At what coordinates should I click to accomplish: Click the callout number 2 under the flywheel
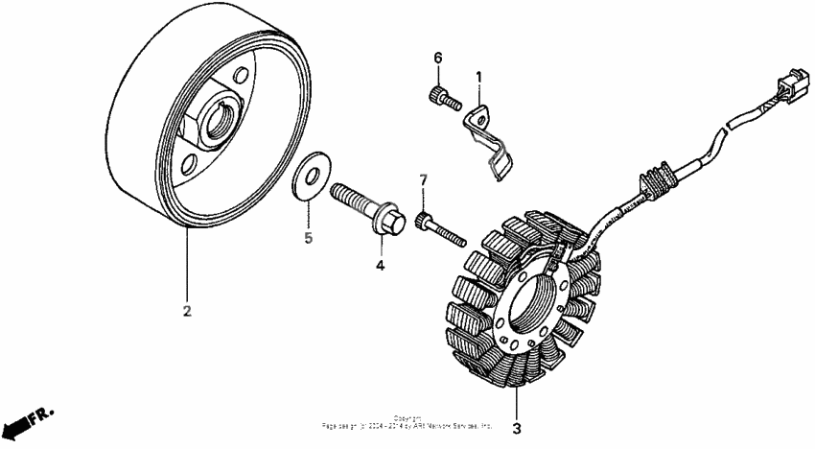[187, 311]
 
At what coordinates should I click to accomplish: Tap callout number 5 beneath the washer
[309, 238]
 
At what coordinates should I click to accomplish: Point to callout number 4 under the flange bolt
[380, 264]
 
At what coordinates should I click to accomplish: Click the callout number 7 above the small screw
[421, 180]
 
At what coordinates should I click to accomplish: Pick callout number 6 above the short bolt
[437, 59]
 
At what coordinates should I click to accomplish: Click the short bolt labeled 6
[443, 96]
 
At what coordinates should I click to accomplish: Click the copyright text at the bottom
[407, 422]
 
